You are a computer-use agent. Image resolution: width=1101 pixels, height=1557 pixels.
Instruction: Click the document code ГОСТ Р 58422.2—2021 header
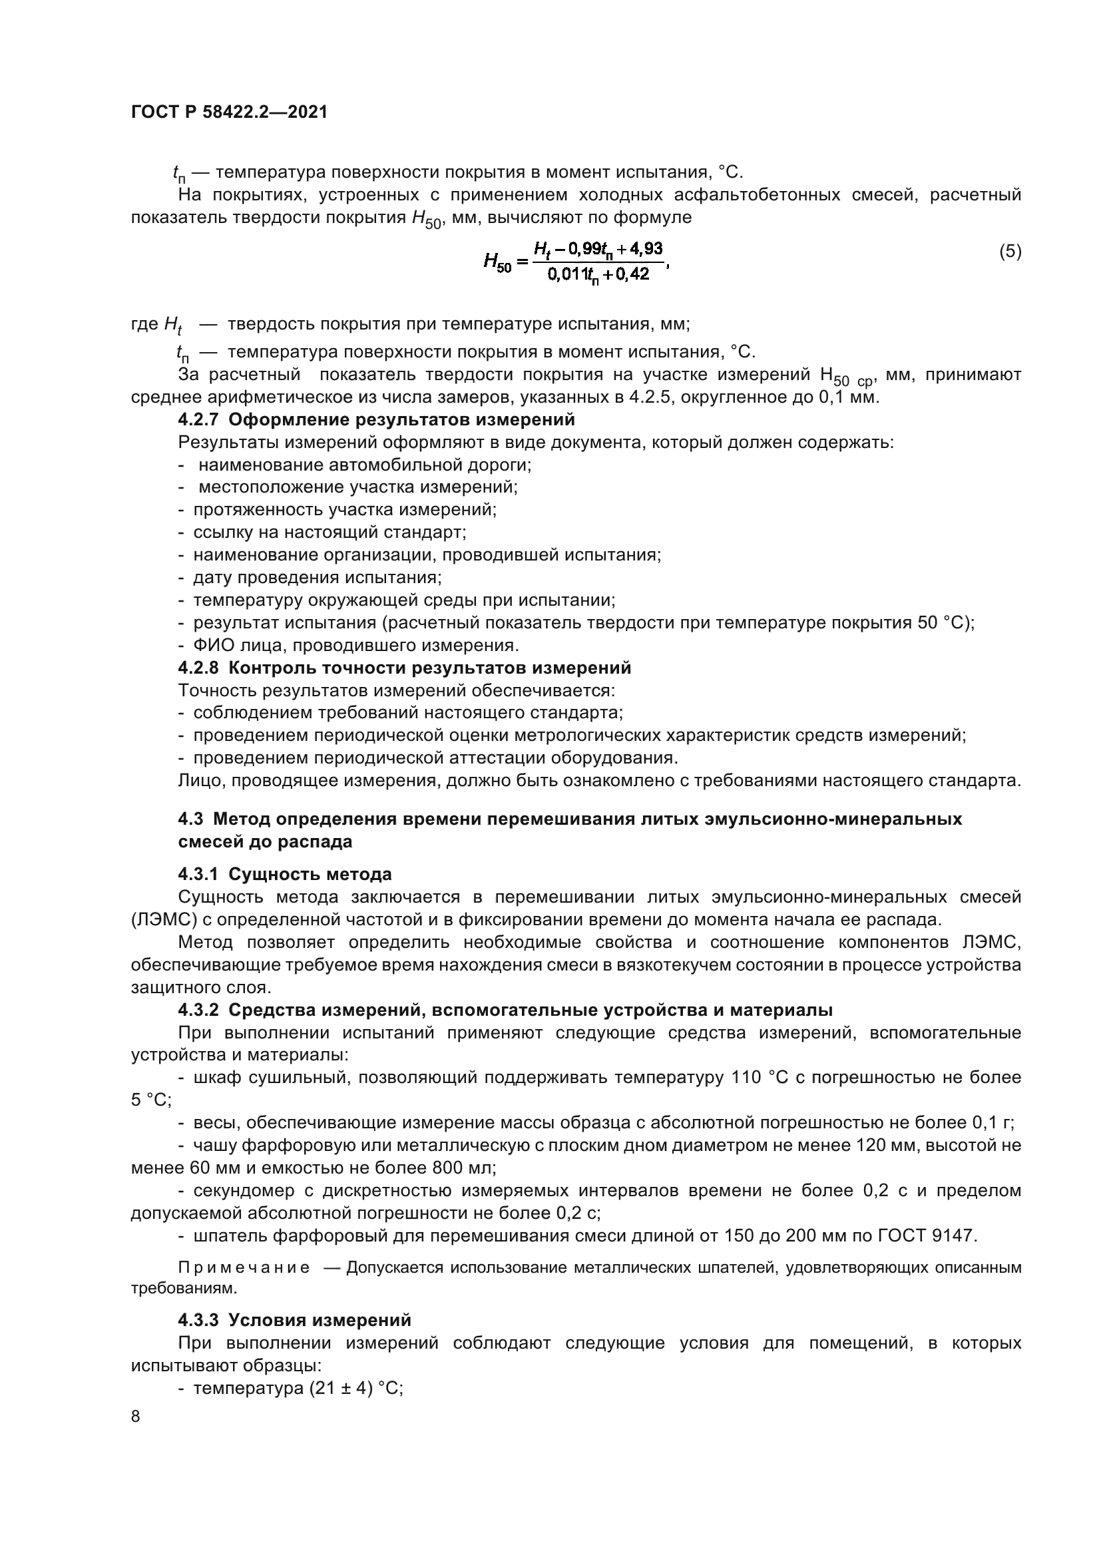(x=229, y=112)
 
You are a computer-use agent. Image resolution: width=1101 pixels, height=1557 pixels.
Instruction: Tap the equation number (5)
(x=1010, y=252)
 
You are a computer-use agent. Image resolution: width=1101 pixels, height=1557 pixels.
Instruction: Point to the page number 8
(x=136, y=1416)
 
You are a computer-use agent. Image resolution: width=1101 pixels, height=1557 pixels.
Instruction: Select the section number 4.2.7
(x=198, y=420)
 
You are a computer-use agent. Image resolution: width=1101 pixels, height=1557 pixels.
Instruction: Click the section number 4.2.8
(x=198, y=668)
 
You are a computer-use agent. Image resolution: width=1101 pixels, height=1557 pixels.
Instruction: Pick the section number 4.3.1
(x=198, y=874)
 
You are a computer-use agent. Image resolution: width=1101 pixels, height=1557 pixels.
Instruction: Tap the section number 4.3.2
(x=198, y=1010)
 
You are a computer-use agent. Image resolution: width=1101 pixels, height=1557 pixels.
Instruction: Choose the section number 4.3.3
(x=198, y=1319)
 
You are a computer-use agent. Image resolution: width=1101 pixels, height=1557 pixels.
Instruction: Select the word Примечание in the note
(x=244, y=1267)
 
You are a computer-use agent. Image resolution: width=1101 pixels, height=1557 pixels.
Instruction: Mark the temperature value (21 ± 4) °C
(x=355, y=1387)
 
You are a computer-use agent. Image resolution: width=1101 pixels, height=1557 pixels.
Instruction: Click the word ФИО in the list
(x=210, y=645)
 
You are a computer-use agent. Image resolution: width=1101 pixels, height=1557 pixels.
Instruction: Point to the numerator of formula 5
(x=598, y=249)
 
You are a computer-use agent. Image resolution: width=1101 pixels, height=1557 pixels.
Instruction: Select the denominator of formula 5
(x=598, y=275)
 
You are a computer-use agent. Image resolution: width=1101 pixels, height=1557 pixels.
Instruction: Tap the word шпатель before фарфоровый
(x=230, y=1235)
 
